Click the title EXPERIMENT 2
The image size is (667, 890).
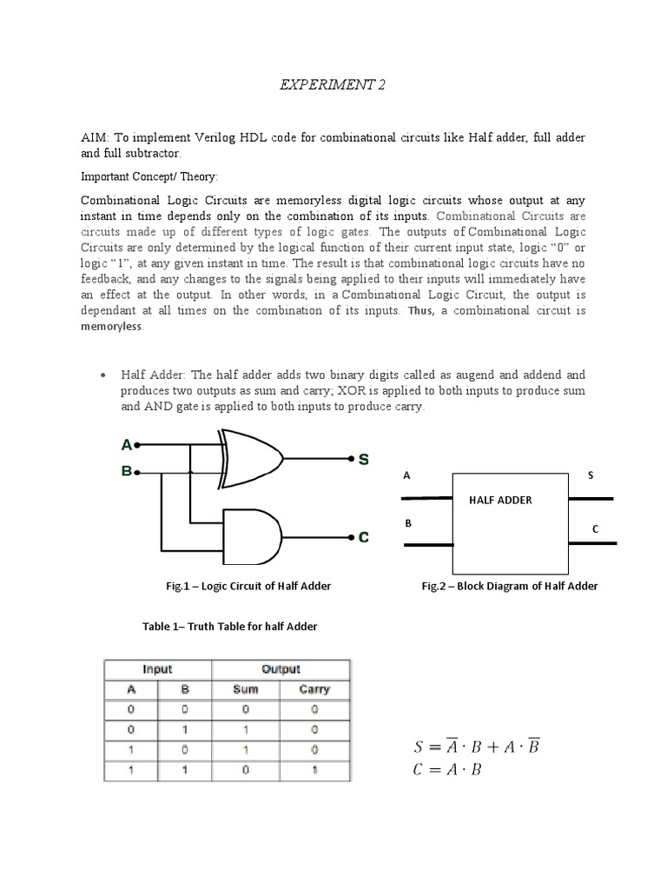333,85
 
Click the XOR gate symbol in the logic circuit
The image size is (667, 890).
253,459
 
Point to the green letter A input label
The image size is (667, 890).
127,445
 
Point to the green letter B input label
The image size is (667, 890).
127,472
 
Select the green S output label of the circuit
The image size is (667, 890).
363,459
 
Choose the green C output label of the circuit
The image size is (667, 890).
364,537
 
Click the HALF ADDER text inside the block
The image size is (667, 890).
500,500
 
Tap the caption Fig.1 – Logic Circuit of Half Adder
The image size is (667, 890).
248,587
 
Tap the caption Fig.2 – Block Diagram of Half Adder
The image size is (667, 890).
510,587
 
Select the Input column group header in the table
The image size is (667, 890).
157,669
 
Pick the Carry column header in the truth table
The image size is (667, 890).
314,689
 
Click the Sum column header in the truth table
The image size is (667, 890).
246,689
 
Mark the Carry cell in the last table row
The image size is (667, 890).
314,769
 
